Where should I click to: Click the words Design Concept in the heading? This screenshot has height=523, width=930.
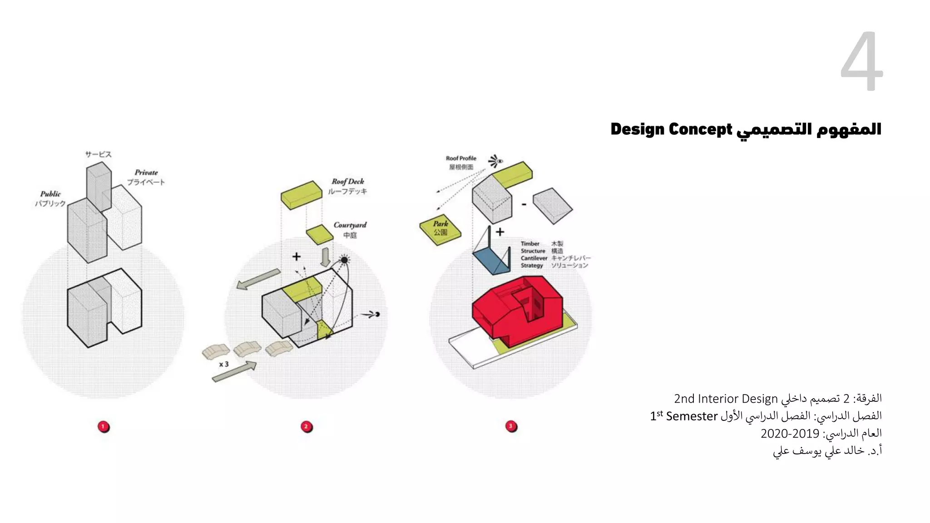[671, 129]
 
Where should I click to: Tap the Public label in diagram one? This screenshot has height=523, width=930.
[50, 194]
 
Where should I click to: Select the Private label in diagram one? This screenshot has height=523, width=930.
[146, 173]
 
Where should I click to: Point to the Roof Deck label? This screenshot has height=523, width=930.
[347, 182]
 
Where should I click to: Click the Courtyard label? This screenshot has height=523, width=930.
[350, 225]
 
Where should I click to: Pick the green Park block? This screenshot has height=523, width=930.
[440, 229]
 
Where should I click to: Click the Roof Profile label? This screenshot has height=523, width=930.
[461, 158]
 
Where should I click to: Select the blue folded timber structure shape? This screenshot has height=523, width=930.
[490, 259]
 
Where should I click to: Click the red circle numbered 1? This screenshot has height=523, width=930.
[104, 426]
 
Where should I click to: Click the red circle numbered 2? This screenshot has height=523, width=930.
[307, 426]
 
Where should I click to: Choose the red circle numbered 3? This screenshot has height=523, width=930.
[511, 426]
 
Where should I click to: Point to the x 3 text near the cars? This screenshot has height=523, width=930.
[223, 364]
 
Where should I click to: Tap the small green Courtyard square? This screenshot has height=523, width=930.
[320, 234]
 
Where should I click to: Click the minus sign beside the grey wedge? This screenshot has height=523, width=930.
[524, 205]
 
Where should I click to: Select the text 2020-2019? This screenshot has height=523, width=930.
[790, 434]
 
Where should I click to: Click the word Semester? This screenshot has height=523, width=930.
[692, 416]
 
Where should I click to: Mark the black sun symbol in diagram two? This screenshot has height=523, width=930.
[344, 260]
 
